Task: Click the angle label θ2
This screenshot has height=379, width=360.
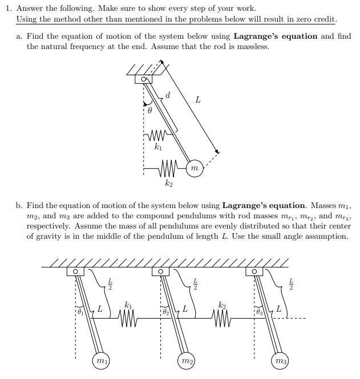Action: click(165, 311)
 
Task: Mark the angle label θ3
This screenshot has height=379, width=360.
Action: click(259, 311)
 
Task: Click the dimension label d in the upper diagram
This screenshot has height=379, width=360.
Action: click(167, 95)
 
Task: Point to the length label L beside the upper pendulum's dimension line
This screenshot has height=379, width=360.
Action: click(197, 100)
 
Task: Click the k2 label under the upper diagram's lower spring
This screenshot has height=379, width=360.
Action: click(168, 184)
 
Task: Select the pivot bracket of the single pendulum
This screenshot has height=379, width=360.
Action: click(141, 79)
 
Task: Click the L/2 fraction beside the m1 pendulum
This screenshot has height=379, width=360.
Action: click(110, 282)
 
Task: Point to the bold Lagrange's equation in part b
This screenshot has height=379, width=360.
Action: click(264, 206)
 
